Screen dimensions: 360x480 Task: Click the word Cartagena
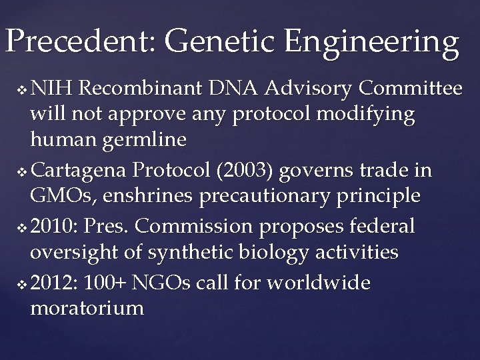(x=79, y=171)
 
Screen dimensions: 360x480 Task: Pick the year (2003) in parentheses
(x=240, y=171)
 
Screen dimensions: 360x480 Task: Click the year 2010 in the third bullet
(x=55, y=226)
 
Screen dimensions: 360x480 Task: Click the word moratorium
(x=87, y=308)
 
